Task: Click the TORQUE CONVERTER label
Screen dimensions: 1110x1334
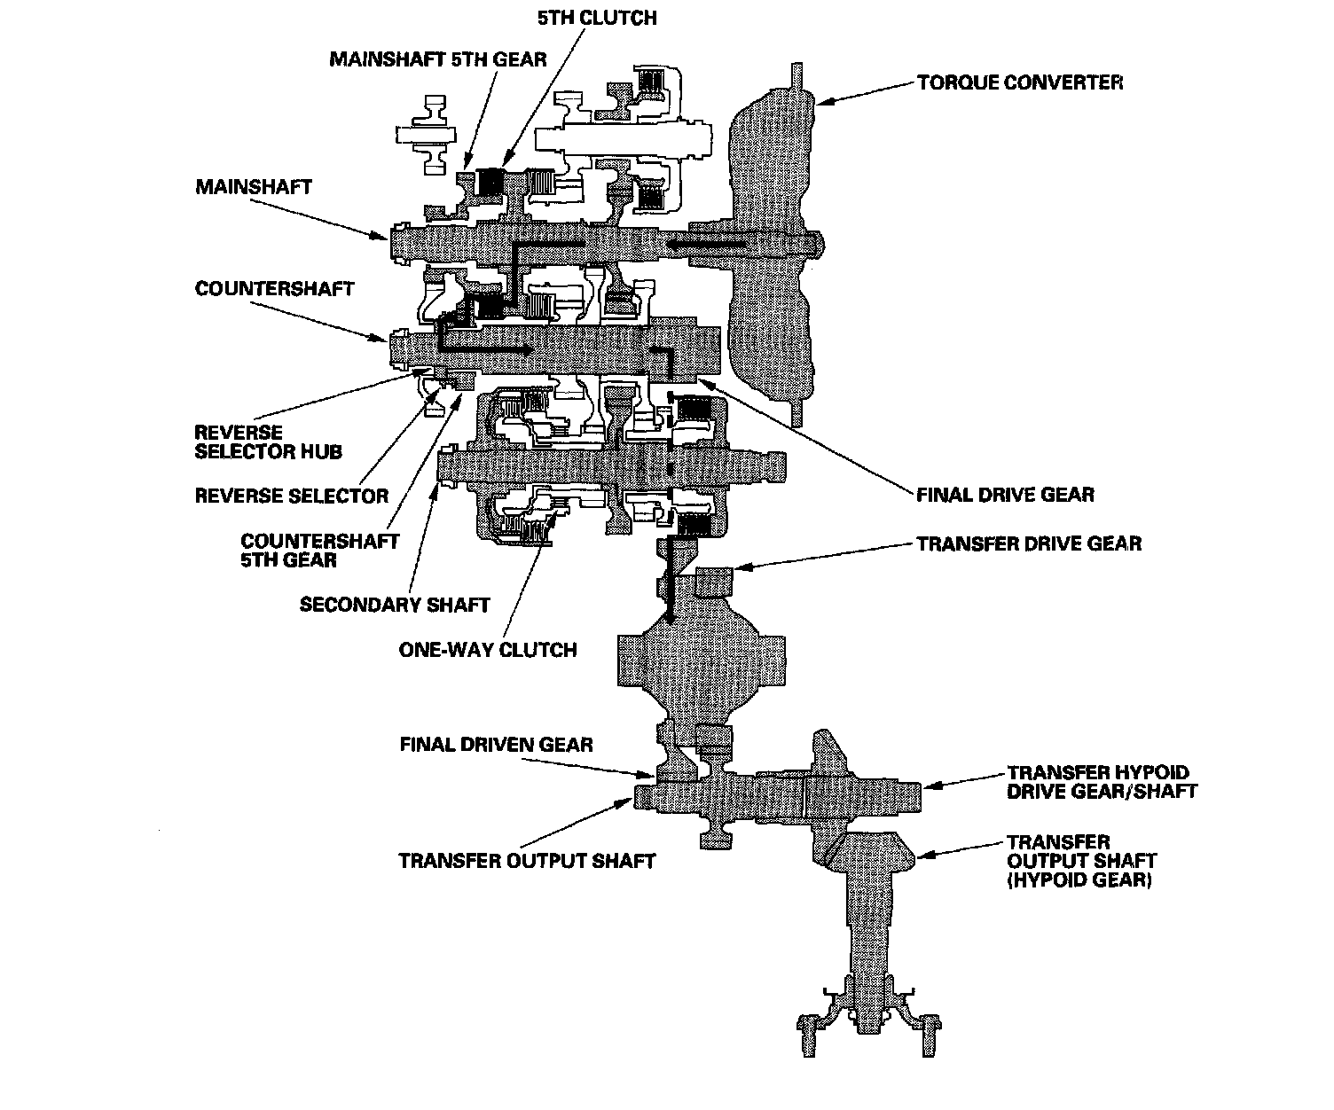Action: (x=1020, y=82)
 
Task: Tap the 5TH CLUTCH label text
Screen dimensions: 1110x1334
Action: (x=597, y=18)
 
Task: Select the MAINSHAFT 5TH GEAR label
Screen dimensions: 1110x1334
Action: (x=438, y=59)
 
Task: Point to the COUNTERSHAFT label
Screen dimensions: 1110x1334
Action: (x=274, y=289)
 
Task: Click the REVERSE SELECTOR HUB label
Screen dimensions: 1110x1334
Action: (x=268, y=442)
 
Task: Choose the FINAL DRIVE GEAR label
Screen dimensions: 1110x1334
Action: (x=1005, y=495)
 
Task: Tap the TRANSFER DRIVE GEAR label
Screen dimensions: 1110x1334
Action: (x=1029, y=543)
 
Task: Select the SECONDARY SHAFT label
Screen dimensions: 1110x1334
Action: (x=395, y=605)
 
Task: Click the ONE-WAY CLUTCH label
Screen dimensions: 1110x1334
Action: (x=488, y=650)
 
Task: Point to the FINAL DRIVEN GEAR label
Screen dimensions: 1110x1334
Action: (x=496, y=744)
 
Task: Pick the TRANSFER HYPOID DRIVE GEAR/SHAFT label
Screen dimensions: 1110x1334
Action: (x=1102, y=782)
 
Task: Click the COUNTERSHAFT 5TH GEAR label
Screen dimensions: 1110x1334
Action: (x=320, y=550)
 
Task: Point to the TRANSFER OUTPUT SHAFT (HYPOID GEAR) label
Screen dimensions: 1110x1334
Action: (x=1081, y=861)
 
